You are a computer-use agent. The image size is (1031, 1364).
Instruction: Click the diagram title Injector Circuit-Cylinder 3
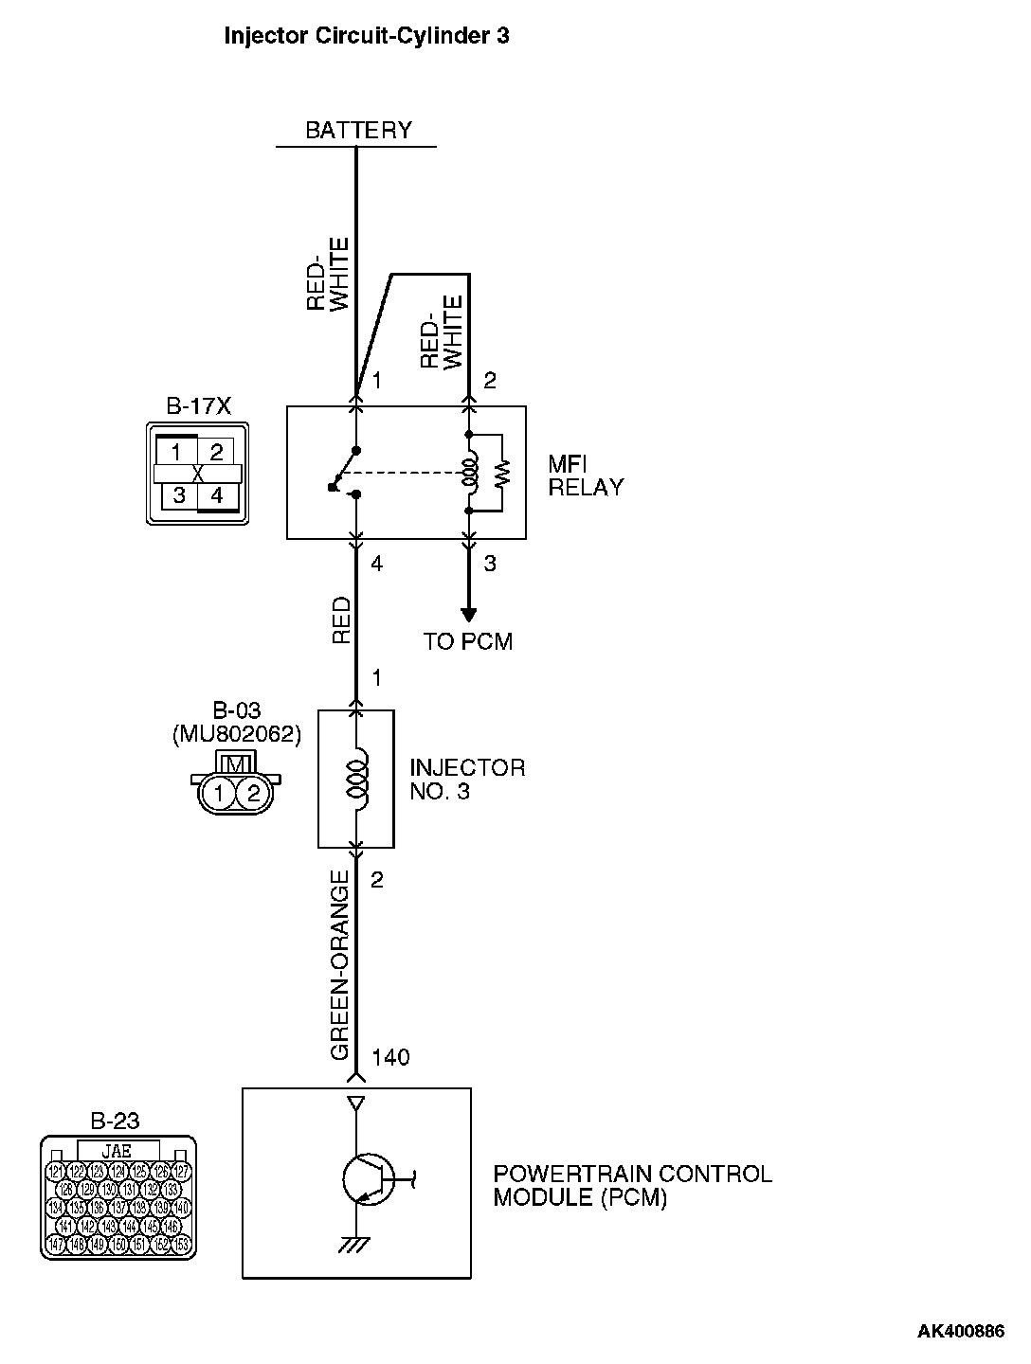[366, 36]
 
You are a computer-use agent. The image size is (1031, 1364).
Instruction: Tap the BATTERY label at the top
[358, 130]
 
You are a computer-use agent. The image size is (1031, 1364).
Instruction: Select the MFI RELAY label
[586, 476]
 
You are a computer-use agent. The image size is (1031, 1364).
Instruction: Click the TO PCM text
[468, 641]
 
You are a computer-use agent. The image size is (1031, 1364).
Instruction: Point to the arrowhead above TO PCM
[468, 615]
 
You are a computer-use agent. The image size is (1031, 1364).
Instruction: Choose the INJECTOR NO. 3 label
[466, 780]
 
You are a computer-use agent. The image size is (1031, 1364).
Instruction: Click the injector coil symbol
[357, 779]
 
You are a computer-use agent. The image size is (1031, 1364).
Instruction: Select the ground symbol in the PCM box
[355, 1245]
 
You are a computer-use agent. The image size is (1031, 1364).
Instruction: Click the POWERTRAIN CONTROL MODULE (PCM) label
[632, 1186]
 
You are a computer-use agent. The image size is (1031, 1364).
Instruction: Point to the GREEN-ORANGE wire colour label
[341, 971]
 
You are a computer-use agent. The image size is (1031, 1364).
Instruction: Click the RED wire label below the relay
[341, 621]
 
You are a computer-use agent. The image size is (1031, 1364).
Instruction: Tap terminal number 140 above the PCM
[391, 1057]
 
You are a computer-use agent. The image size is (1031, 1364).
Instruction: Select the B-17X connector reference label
[198, 406]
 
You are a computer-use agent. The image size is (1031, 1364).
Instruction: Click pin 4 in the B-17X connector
[217, 495]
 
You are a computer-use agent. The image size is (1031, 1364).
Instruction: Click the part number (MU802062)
[237, 733]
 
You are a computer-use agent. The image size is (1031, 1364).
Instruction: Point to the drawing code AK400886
[960, 1331]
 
